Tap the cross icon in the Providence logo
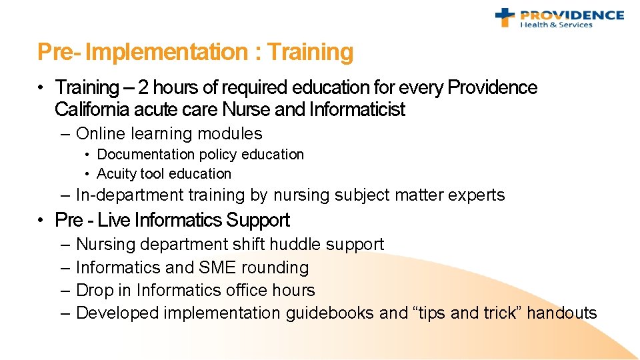coord(505,17)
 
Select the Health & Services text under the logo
coord(556,25)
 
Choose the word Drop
coord(92,291)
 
